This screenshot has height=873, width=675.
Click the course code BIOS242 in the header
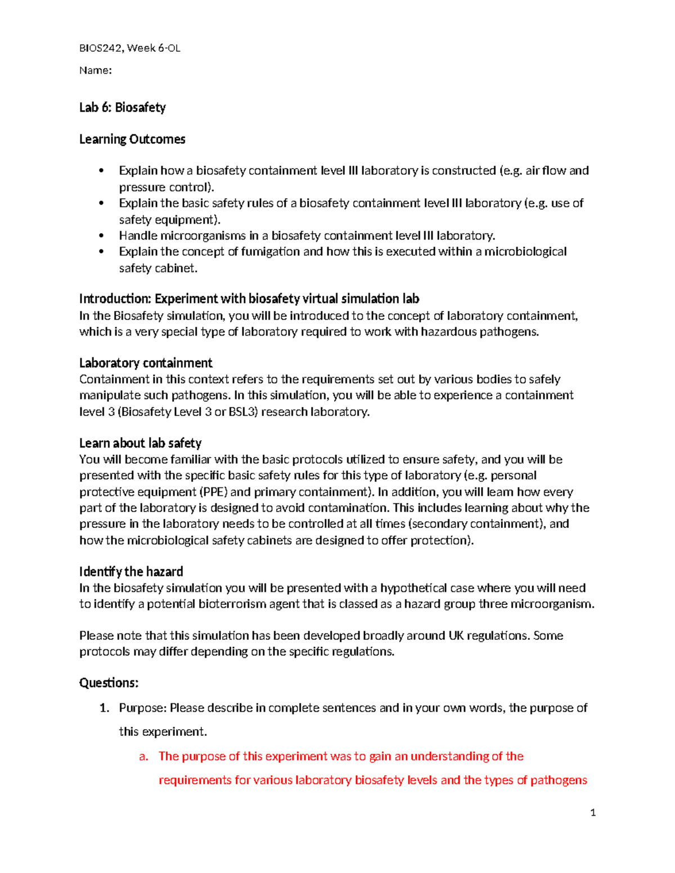click(101, 48)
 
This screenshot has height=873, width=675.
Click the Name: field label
click(95, 70)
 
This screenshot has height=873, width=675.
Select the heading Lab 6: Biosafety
click(122, 107)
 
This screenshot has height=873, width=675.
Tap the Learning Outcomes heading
click(132, 139)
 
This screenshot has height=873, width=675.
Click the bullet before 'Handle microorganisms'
click(102, 236)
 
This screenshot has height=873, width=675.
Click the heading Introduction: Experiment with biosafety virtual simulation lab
click(249, 298)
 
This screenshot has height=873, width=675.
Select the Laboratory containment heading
click(146, 363)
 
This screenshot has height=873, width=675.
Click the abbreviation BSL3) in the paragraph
click(242, 412)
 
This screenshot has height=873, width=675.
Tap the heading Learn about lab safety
click(140, 444)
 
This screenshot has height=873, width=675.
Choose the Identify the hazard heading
click(131, 572)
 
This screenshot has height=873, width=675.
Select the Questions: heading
click(109, 683)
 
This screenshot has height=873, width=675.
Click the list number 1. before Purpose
click(104, 708)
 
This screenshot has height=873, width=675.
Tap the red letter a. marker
click(143, 757)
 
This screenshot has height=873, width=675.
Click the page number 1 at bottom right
click(593, 813)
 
